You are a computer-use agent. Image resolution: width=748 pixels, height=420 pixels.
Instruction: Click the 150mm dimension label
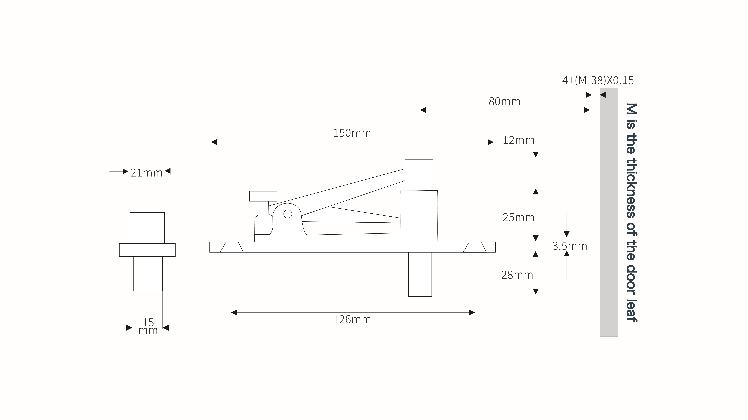coord(352,133)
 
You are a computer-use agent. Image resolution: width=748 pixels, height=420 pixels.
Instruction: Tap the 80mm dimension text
coord(504,101)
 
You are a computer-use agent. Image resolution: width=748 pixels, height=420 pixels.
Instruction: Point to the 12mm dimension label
coord(518,140)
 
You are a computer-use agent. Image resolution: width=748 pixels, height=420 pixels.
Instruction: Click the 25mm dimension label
coord(518,217)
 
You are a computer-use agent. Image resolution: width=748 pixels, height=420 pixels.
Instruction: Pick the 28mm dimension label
coord(517,275)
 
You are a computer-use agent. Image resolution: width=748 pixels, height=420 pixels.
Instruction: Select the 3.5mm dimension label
coord(569,246)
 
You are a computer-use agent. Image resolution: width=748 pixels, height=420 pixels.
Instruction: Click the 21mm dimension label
coord(146,173)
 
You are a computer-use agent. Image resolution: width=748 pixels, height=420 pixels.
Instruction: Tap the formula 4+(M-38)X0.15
coord(598,80)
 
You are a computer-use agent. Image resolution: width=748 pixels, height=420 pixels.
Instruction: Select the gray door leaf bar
coord(609,212)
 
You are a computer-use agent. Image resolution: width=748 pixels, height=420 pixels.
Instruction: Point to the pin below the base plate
coord(420,274)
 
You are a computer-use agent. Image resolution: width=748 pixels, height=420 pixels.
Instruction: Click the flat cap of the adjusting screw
coord(263,196)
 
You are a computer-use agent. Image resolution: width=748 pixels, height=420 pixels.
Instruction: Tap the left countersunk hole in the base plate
coord(232,247)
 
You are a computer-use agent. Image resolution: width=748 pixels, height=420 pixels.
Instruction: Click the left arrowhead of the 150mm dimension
coord(214,142)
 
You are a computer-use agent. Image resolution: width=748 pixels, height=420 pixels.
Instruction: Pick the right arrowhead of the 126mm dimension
coord(472,312)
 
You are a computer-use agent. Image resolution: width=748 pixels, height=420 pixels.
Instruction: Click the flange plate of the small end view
coord(147,250)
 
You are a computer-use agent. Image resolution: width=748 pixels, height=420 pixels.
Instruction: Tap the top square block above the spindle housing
coord(419,175)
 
